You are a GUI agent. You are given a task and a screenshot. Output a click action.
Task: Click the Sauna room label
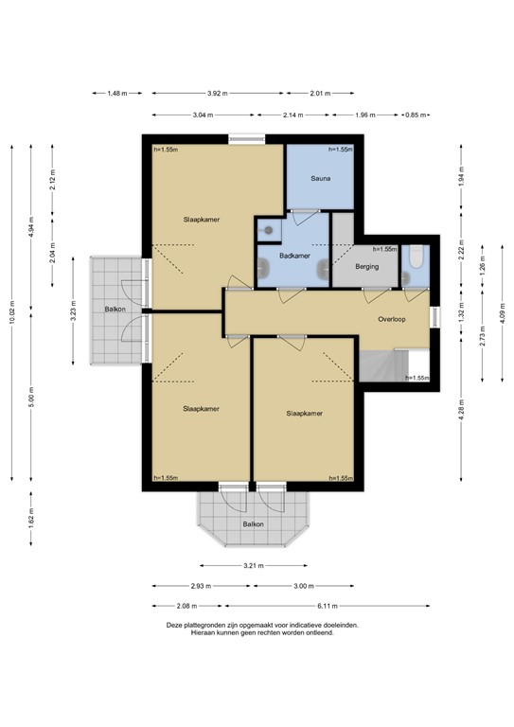pos(319,178)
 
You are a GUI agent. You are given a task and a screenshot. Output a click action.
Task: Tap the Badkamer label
pos(295,256)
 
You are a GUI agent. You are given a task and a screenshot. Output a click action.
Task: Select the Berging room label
pos(367,267)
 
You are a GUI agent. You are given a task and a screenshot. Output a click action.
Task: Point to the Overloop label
pos(391,319)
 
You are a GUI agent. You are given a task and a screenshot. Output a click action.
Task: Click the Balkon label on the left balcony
pos(115,310)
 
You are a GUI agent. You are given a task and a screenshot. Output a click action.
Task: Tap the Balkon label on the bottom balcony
pos(253,523)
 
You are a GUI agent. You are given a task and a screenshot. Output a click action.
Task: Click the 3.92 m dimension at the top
pos(219,93)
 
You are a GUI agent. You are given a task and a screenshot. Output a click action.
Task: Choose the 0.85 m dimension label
pos(414,115)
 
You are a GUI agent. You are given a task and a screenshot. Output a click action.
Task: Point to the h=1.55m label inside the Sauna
pos(340,150)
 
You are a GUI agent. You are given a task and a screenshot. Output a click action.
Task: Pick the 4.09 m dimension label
pos(503,312)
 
